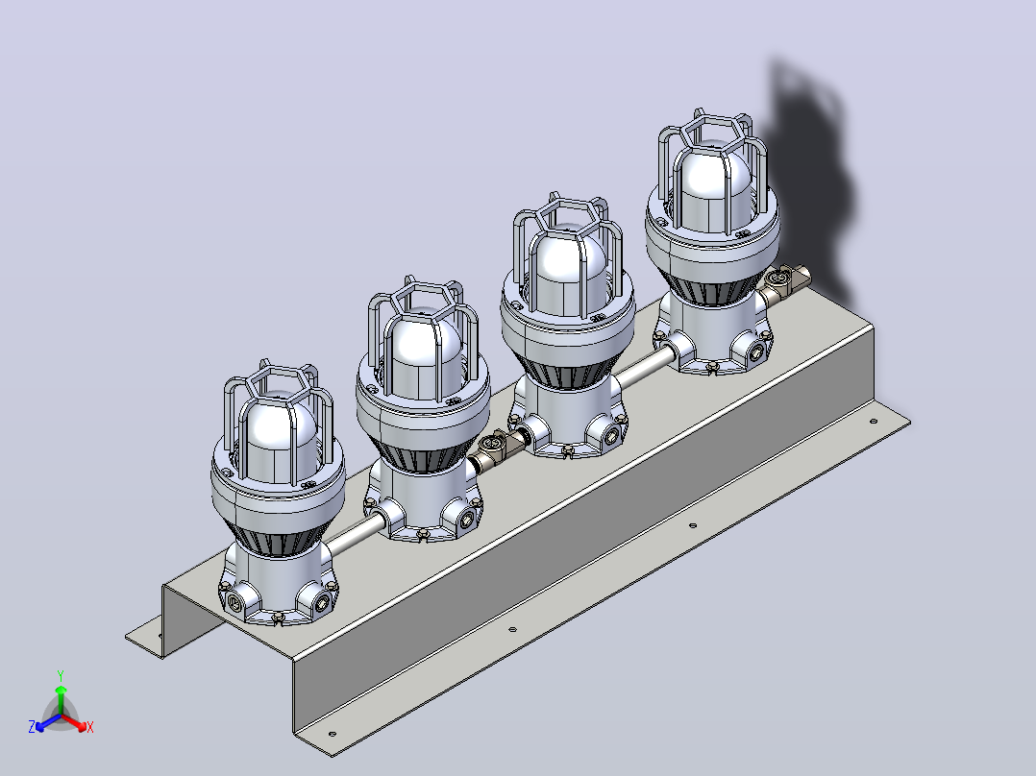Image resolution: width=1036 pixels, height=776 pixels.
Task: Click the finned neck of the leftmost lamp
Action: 278,536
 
